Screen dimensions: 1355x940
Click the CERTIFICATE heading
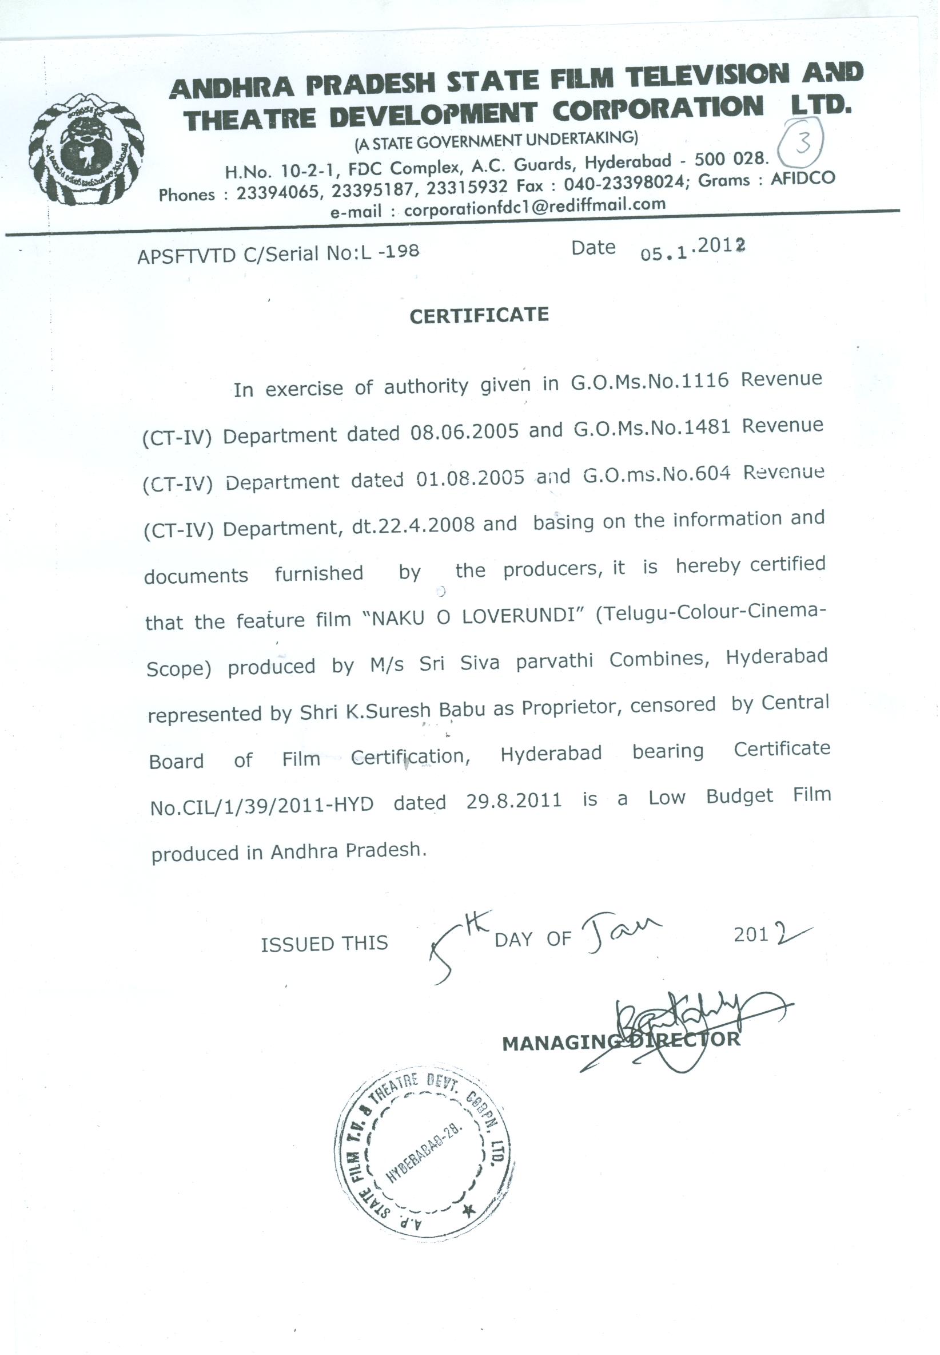479,315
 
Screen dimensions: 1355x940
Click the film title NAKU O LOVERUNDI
476,616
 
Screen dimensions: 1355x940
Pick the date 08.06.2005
465,432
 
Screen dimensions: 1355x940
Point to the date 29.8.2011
513,801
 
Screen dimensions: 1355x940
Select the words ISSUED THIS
325,944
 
